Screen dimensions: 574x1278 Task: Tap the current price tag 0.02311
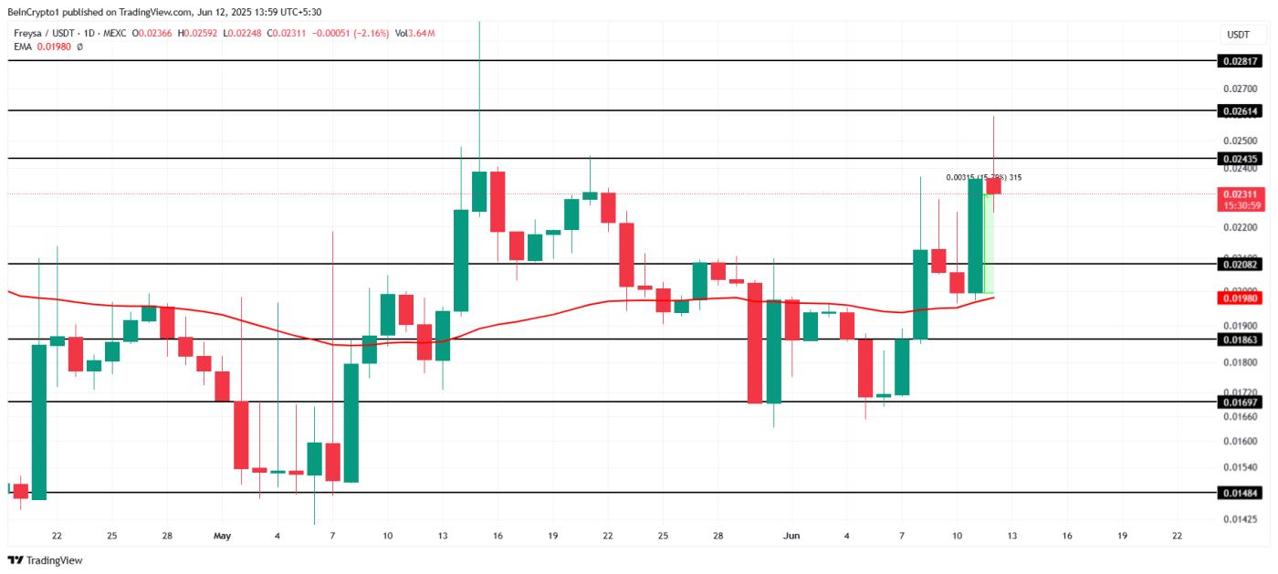pyautogui.click(x=1240, y=194)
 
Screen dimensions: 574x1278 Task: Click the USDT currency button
pyautogui.click(x=1238, y=35)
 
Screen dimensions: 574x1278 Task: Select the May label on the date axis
pyautogui.click(x=223, y=536)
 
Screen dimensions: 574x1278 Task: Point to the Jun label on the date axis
pyautogui.click(x=791, y=536)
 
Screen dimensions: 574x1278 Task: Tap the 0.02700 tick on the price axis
pyautogui.click(x=1239, y=89)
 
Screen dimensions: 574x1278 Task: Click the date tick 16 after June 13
pyautogui.click(x=1066, y=536)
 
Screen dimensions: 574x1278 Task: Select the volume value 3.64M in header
pyautogui.click(x=421, y=34)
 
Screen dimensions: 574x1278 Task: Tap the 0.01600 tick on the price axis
pyautogui.click(x=1239, y=441)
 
